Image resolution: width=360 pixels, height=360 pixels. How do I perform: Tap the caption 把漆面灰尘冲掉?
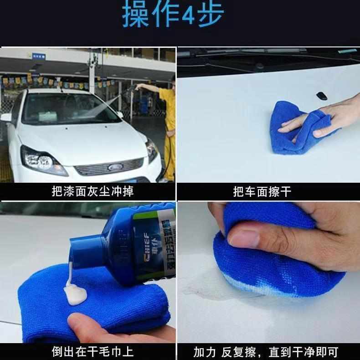point(93,191)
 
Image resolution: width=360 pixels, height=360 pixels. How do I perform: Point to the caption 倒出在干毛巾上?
point(93,352)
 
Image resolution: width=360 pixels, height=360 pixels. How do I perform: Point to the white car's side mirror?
point(6,118)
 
